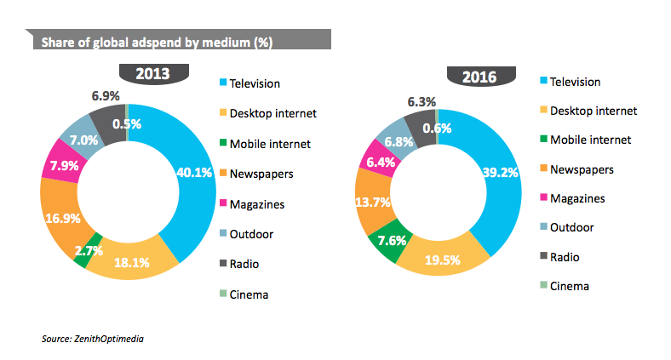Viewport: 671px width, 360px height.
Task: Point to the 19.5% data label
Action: click(444, 260)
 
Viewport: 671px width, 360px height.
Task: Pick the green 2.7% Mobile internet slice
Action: click(87, 251)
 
